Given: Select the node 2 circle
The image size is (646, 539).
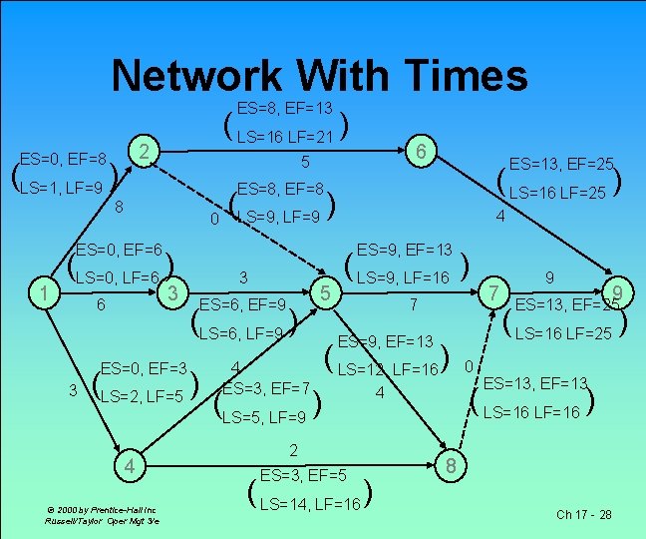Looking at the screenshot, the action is [145, 152].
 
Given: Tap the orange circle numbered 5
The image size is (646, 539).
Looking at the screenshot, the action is [324, 292].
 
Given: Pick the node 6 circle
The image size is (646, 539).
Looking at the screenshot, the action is [422, 151].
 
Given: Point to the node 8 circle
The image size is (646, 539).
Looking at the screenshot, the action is [452, 465].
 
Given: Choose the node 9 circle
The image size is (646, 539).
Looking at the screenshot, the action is [619, 292].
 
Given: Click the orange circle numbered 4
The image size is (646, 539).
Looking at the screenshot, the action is [128, 465].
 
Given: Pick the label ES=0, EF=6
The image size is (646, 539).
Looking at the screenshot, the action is [120, 250].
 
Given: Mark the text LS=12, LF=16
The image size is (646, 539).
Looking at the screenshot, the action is [388, 370].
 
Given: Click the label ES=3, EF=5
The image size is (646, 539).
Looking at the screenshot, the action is [303, 476].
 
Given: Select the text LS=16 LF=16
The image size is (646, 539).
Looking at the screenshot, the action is [531, 411].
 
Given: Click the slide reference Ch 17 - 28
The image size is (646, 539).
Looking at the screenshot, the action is [584, 515].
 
